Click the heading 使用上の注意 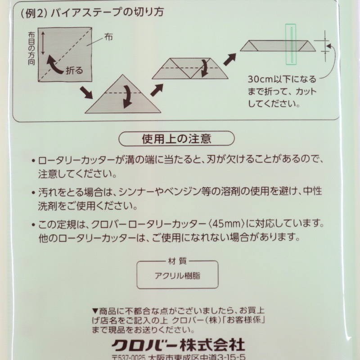176,139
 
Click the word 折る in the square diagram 74,71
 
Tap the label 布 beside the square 108,37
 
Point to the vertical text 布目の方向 31,49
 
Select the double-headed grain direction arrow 43,43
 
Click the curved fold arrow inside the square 54,65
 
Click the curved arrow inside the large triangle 128,96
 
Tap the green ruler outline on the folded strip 291,44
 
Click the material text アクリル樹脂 177,275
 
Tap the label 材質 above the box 177,261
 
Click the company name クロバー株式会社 178,345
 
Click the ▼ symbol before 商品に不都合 95,311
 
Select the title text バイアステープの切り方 107,12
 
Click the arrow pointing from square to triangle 86,93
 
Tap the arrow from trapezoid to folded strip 229,60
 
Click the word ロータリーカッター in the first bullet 76,160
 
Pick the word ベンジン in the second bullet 181,192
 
